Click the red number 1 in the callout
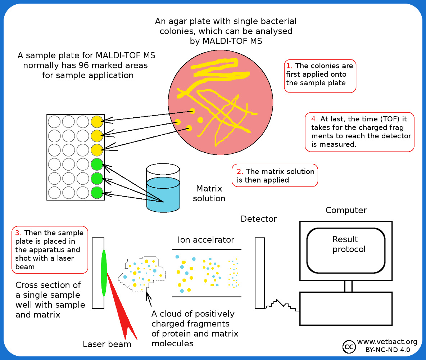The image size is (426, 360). [289, 66]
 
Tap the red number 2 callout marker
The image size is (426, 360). [240, 171]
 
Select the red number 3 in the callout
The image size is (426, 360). [18, 233]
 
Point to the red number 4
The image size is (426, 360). [314, 119]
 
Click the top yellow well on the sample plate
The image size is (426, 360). [97, 122]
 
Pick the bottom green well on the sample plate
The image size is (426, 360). [97, 193]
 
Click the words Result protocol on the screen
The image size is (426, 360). [345, 244]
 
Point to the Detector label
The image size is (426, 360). [259, 219]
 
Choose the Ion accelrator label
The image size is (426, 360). [206, 240]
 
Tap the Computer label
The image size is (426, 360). [346, 210]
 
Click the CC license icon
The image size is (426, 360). [348, 346]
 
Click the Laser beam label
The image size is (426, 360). [107, 344]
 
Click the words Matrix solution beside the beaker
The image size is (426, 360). [209, 193]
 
